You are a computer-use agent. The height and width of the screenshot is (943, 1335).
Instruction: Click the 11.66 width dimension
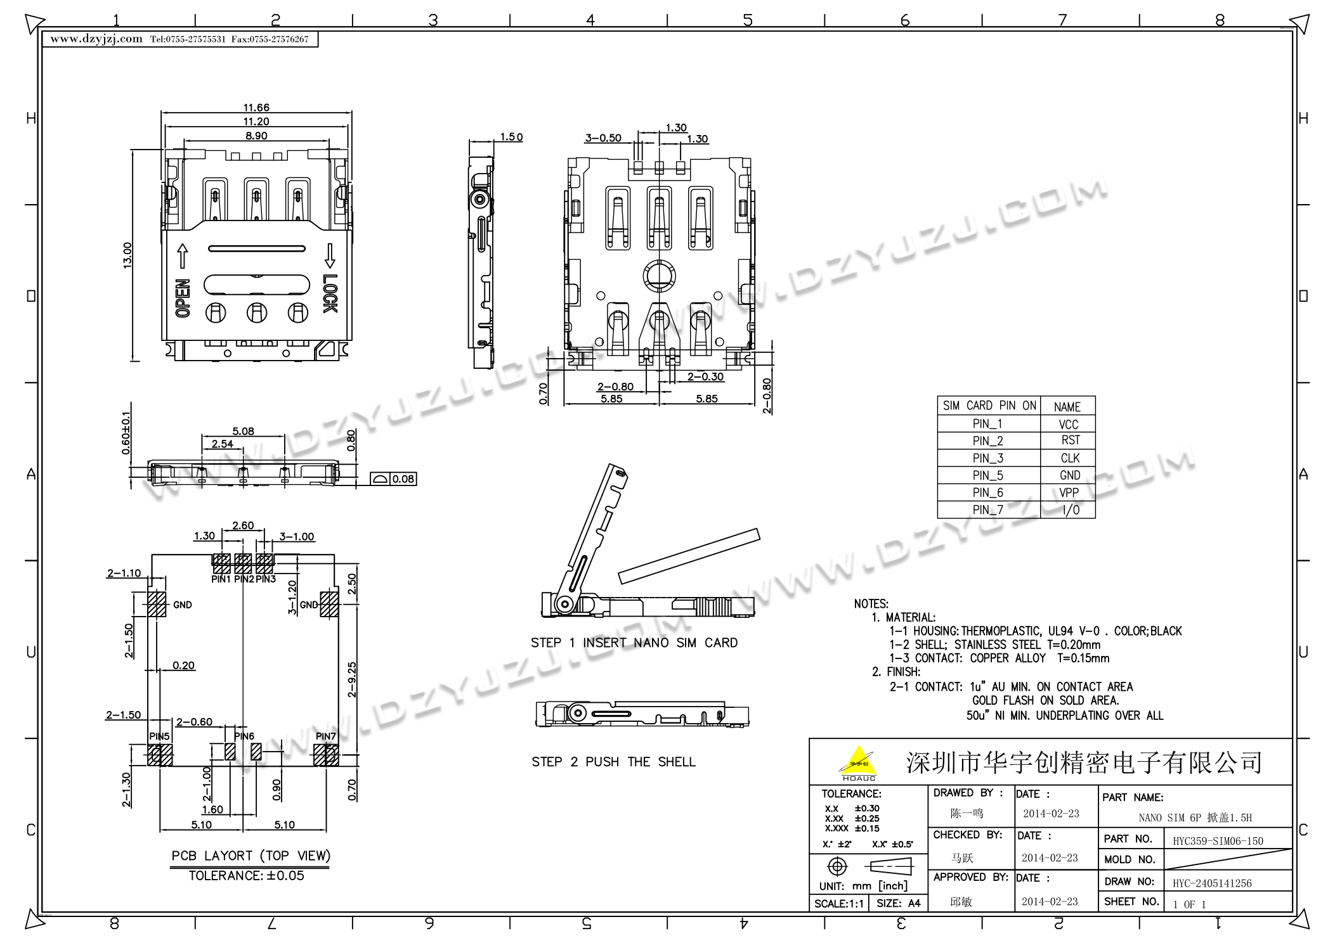[256, 108]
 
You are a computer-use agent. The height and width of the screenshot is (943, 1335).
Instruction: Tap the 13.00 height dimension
[127, 255]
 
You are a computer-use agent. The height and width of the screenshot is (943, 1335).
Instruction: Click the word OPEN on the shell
[182, 298]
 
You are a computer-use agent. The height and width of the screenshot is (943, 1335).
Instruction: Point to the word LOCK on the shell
[330, 293]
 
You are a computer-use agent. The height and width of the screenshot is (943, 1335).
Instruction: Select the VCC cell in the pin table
[1068, 425]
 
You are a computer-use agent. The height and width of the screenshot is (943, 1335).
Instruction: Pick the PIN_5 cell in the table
[987, 475]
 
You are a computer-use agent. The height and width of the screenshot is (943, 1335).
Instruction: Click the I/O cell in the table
[1071, 510]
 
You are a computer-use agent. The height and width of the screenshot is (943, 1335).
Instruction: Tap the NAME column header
[1067, 407]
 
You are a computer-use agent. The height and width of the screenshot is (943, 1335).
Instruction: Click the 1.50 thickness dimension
[511, 137]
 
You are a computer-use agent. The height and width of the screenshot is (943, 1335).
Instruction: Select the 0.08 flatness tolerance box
[394, 479]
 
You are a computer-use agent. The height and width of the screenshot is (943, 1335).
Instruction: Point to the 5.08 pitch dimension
[243, 432]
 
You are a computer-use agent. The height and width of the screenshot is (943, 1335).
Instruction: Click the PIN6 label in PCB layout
[244, 736]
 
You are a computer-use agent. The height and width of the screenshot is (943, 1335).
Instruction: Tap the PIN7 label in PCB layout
[325, 736]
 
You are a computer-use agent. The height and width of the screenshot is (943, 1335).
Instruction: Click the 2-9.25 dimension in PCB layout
[352, 679]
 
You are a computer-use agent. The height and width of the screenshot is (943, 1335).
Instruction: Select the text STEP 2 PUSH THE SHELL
[613, 762]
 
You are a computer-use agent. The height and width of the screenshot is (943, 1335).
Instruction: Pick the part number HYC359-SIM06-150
[1218, 841]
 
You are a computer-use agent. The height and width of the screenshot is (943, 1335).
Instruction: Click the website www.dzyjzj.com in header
[96, 39]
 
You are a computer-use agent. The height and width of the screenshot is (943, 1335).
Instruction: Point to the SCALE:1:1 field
[838, 903]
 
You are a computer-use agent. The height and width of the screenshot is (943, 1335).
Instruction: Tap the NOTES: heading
[871, 604]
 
